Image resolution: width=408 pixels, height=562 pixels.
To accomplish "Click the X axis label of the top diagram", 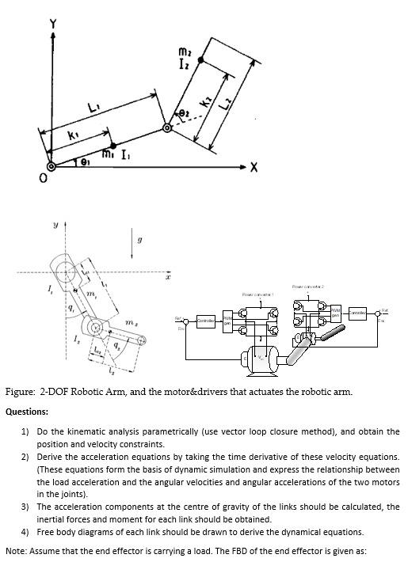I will pyautogui.click(x=254, y=167).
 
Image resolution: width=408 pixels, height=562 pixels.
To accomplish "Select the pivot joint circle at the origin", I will pyautogui.click(x=52, y=166).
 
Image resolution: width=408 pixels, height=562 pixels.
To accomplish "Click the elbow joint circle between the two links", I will pyautogui.click(x=167, y=127).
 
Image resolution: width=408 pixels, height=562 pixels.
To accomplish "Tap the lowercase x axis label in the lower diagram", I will pyautogui.click(x=167, y=279).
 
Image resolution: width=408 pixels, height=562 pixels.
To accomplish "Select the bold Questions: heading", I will pyautogui.click(x=27, y=412).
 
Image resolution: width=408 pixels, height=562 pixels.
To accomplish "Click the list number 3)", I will pyautogui.click(x=25, y=506).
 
